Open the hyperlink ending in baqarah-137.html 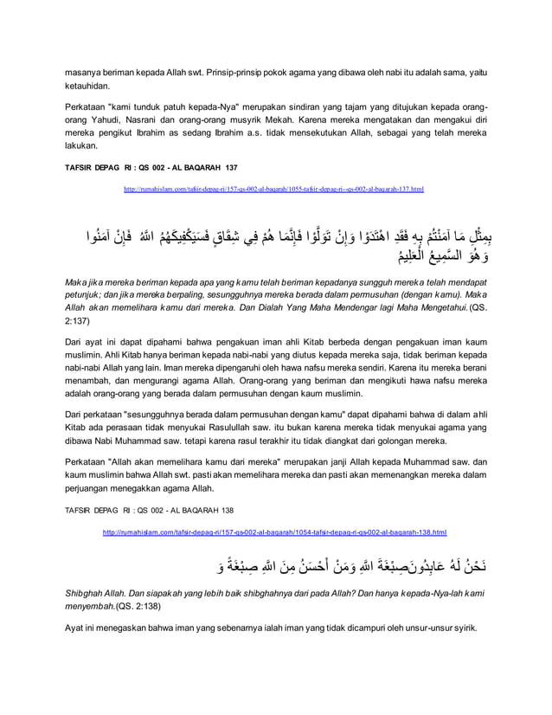point(273,188)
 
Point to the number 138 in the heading point(226,511)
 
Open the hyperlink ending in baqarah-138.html point(274,532)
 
